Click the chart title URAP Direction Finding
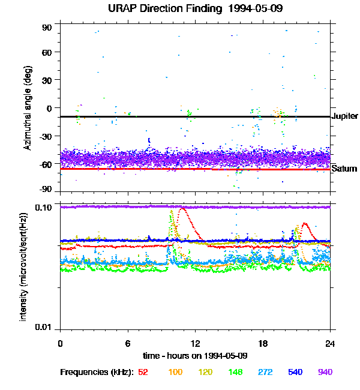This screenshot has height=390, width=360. [179, 9]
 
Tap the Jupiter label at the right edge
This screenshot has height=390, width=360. [344, 116]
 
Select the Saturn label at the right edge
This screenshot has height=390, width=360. [344, 169]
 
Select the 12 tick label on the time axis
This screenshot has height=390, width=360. [195, 343]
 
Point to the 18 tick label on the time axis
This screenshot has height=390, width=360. [263, 343]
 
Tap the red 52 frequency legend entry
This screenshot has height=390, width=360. [143, 372]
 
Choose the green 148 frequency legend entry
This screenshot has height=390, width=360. [235, 372]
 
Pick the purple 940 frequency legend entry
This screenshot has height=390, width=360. [325, 372]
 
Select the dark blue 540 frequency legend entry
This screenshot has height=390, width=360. [295, 372]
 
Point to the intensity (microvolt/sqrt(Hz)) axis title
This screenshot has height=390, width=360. [23, 265]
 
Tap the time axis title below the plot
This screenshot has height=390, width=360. [195, 356]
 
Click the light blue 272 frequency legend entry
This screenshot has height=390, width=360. [265, 372]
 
